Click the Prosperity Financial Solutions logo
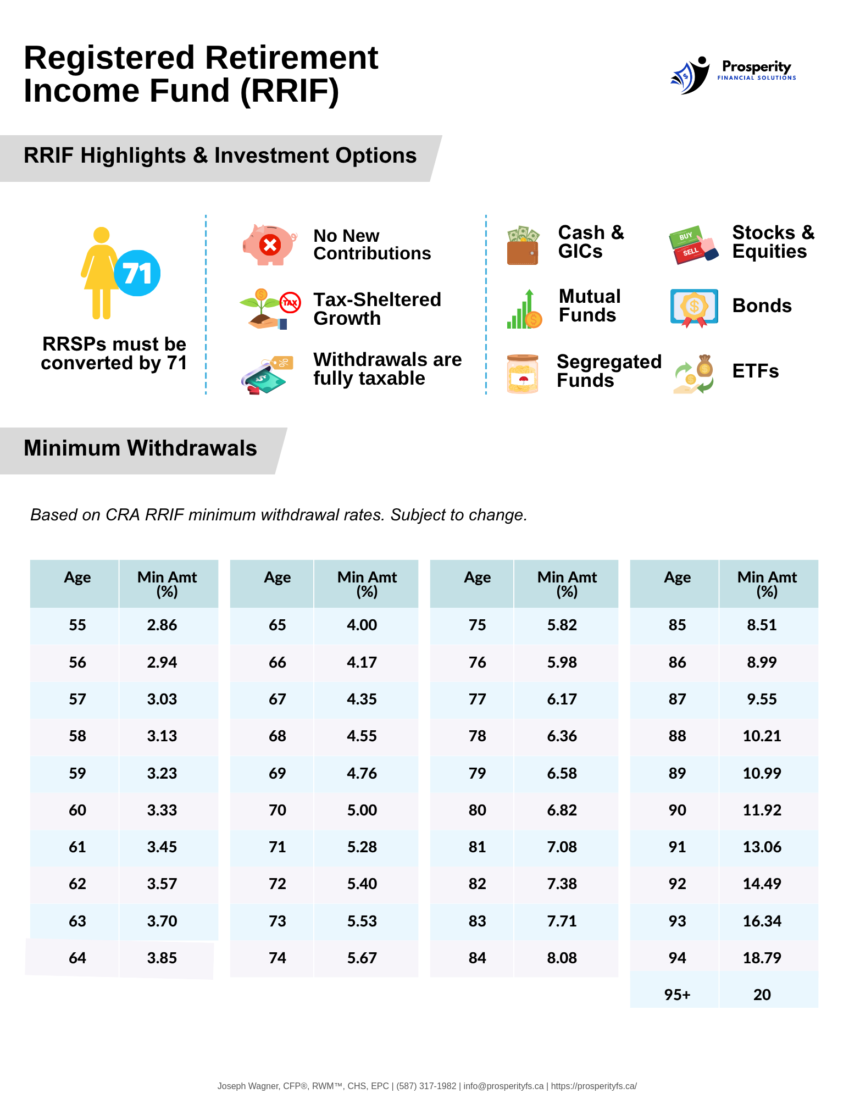point(733,75)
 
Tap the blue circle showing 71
point(137,273)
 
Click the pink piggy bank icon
point(269,245)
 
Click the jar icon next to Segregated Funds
point(523,374)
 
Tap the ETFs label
point(756,371)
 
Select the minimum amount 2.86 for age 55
point(162,625)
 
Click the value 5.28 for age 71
point(362,847)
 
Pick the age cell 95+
point(677,995)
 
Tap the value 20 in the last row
point(762,995)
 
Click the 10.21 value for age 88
point(762,736)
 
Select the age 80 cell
point(477,811)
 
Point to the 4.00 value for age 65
point(362,625)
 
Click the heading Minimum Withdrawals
point(140,448)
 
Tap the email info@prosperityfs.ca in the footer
point(503,1086)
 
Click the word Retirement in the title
point(291,58)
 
